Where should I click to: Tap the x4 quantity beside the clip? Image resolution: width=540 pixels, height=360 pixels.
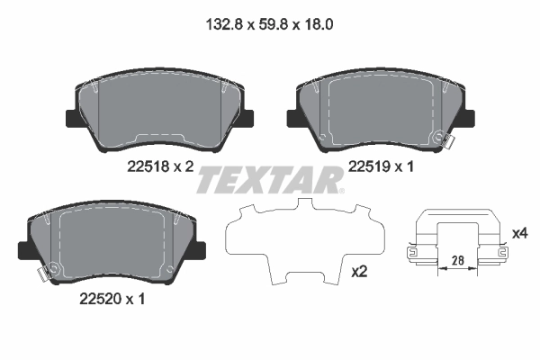click(518, 233)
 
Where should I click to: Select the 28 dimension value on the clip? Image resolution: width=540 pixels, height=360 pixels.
click(457, 259)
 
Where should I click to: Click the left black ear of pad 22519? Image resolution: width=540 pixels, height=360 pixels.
click(292, 118)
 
